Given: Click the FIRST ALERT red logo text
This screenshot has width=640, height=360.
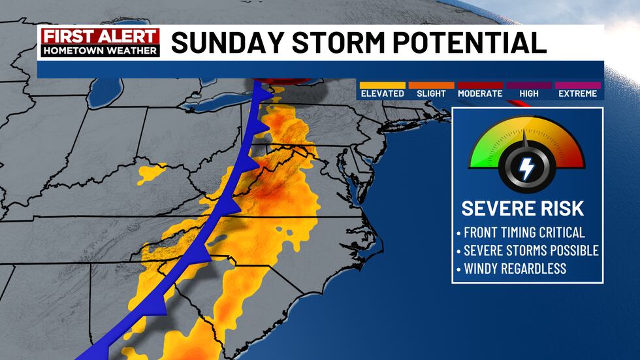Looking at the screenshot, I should [x=99, y=37].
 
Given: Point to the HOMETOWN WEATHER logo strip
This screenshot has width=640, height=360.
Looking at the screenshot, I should [x=99, y=50].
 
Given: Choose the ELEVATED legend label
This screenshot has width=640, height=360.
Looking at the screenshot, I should [x=382, y=93].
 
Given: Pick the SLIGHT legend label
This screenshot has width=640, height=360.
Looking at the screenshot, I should [x=431, y=93].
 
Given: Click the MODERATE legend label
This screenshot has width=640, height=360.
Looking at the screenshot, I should [x=480, y=93].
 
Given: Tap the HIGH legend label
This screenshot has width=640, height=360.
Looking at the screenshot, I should [x=528, y=93].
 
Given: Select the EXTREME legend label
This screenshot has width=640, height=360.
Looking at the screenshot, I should [x=577, y=93].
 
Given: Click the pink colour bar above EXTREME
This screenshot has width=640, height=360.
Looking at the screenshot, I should [x=577, y=85].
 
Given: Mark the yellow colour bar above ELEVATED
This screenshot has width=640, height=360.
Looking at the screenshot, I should [x=382, y=85].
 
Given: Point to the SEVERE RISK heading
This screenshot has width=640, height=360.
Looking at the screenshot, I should [x=522, y=209].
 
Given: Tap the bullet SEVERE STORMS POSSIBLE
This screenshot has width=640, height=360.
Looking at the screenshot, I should [x=530, y=250].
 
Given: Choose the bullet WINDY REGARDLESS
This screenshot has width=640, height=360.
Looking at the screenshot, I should [x=515, y=268].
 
